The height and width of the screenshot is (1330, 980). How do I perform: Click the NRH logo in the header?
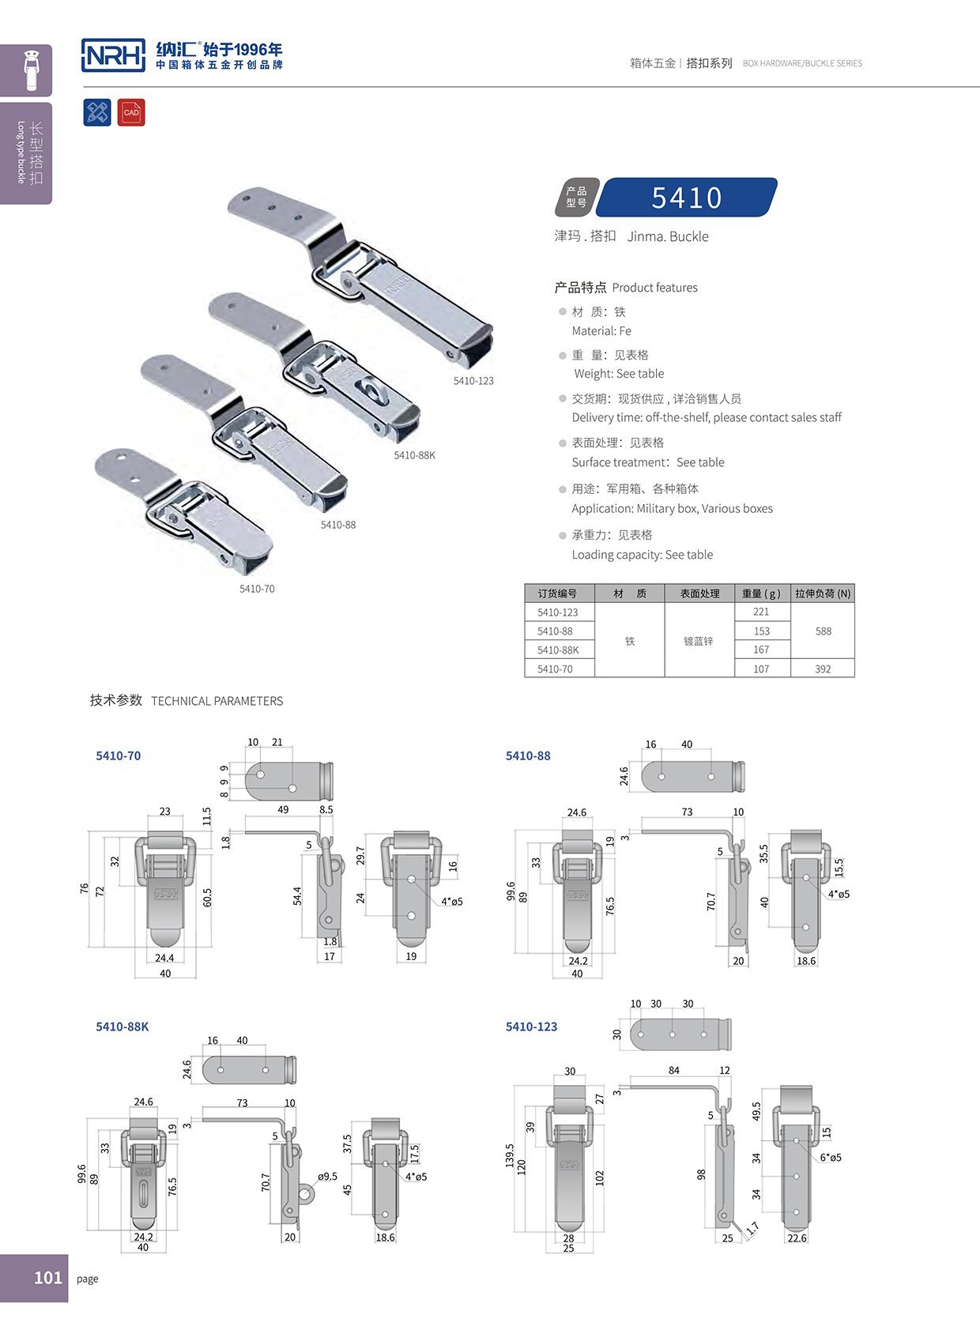click(113, 55)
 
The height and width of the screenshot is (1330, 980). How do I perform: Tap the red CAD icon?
click(131, 112)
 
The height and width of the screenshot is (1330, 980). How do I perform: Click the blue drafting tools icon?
click(97, 112)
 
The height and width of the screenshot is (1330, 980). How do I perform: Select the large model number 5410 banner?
click(687, 197)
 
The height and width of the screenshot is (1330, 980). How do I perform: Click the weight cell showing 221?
click(761, 612)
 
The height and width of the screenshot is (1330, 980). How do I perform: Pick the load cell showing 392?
click(823, 669)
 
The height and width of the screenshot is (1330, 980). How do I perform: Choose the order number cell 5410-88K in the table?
click(558, 650)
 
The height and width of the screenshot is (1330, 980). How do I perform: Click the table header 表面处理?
click(699, 593)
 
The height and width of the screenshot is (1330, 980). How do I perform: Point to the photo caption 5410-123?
click(473, 381)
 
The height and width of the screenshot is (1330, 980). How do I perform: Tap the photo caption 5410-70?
click(257, 589)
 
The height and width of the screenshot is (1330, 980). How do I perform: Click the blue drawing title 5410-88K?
click(122, 1027)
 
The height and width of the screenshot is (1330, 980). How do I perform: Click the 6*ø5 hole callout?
click(831, 1157)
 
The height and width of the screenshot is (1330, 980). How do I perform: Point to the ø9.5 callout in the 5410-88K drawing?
click(327, 1176)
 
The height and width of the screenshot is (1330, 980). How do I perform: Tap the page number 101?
click(48, 1277)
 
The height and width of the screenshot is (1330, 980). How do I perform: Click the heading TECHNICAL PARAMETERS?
click(217, 701)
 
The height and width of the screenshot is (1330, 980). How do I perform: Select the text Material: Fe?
click(601, 330)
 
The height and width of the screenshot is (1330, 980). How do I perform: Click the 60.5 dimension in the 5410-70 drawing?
click(207, 897)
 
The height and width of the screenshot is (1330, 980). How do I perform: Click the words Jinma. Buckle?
click(668, 236)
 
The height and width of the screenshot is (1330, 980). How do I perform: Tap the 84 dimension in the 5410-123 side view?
click(673, 1070)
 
